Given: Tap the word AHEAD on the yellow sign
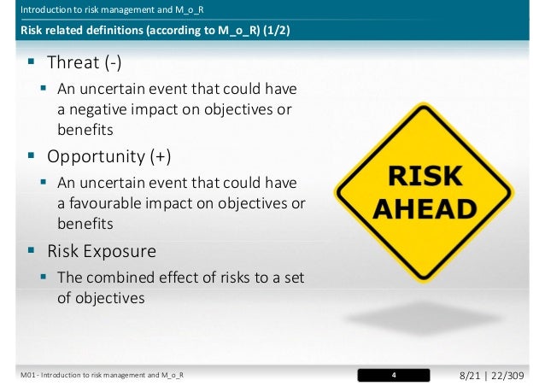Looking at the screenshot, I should (x=426, y=208).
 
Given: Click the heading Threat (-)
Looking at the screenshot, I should (x=83, y=63).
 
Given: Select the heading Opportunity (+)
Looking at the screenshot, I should (x=108, y=157).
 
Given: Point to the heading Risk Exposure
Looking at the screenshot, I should (x=102, y=252).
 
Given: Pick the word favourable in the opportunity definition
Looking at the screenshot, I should (x=106, y=204).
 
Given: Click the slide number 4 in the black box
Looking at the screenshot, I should (x=394, y=375).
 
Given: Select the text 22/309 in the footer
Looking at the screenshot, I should (x=511, y=375).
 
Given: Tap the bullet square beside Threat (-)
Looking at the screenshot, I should (x=31, y=62).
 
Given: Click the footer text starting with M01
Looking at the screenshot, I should (x=102, y=375).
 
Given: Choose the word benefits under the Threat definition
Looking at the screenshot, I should (x=85, y=130).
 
